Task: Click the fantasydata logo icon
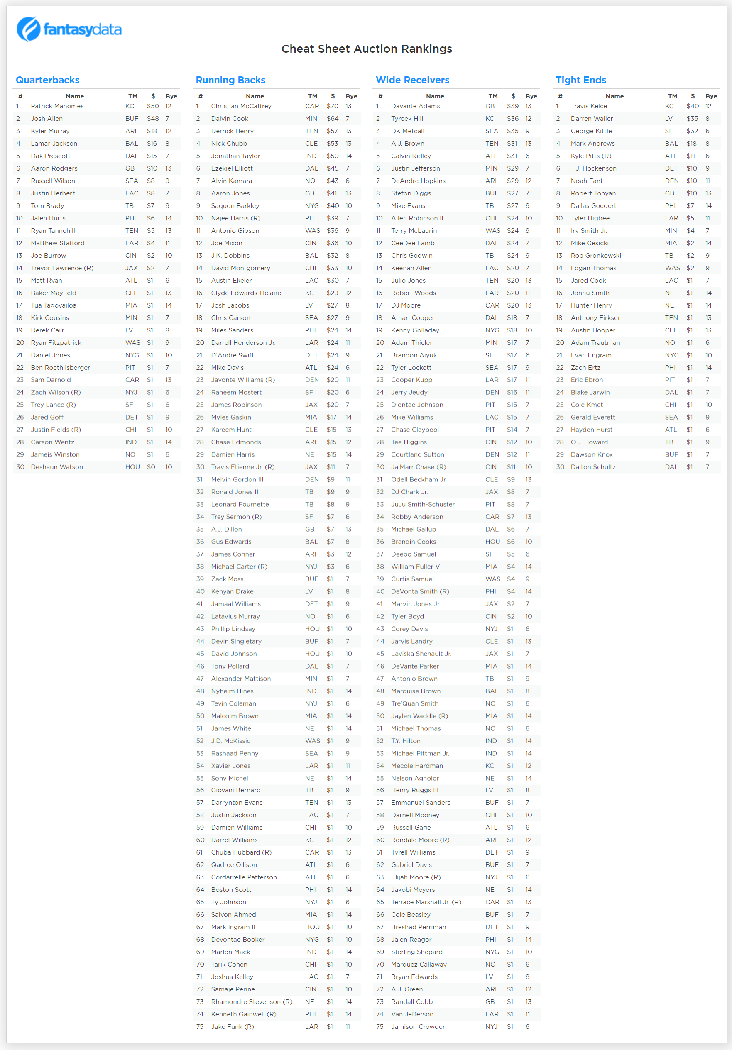[29, 29]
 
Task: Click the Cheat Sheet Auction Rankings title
[367, 49]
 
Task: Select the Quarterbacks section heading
[48, 80]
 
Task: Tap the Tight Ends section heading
[580, 80]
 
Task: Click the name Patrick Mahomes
[57, 106]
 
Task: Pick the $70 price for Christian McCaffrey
[332, 106]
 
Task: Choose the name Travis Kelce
[589, 106]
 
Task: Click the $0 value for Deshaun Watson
[151, 467]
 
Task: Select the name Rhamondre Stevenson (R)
[252, 1001]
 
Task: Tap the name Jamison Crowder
[418, 1027]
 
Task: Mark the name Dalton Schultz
[593, 467]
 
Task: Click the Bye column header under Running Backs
[351, 96]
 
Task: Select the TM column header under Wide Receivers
[493, 96]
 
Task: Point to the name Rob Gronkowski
[596, 256]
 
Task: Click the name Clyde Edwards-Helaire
[246, 293]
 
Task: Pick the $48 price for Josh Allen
[153, 118]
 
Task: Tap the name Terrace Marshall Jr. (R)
[426, 902]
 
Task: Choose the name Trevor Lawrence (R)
[62, 268]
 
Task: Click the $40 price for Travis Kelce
[692, 106]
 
